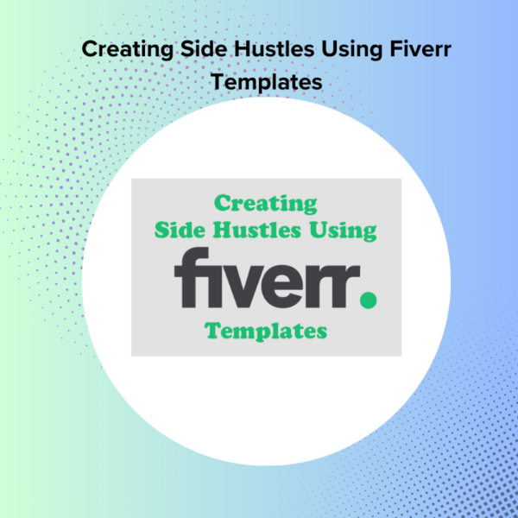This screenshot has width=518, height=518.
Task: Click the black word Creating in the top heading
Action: (128, 50)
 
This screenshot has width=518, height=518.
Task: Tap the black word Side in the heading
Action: (204, 49)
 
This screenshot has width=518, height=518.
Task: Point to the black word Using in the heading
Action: (351, 50)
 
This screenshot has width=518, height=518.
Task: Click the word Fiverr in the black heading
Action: (420, 49)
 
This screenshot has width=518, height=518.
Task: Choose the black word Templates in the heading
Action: (267, 83)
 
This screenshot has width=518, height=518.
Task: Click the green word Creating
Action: (266, 204)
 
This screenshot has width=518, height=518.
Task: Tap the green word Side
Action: (180, 230)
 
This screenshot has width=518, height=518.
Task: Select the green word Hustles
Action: (256, 230)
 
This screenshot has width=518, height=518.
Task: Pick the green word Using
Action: (343, 231)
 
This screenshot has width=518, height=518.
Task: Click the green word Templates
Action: (266, 331)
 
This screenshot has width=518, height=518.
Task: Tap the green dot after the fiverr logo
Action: (368, 300)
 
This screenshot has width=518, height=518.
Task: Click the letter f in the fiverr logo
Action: (192, 277)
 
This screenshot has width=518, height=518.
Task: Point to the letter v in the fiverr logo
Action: (241, 286)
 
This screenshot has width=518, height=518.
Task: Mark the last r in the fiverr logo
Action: (346, 286)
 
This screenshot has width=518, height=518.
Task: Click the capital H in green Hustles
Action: (221, 230)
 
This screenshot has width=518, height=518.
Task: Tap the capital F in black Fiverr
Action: (396, 49)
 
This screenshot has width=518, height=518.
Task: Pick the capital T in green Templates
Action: (212, 330)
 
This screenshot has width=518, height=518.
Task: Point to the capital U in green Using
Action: (318, 230)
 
